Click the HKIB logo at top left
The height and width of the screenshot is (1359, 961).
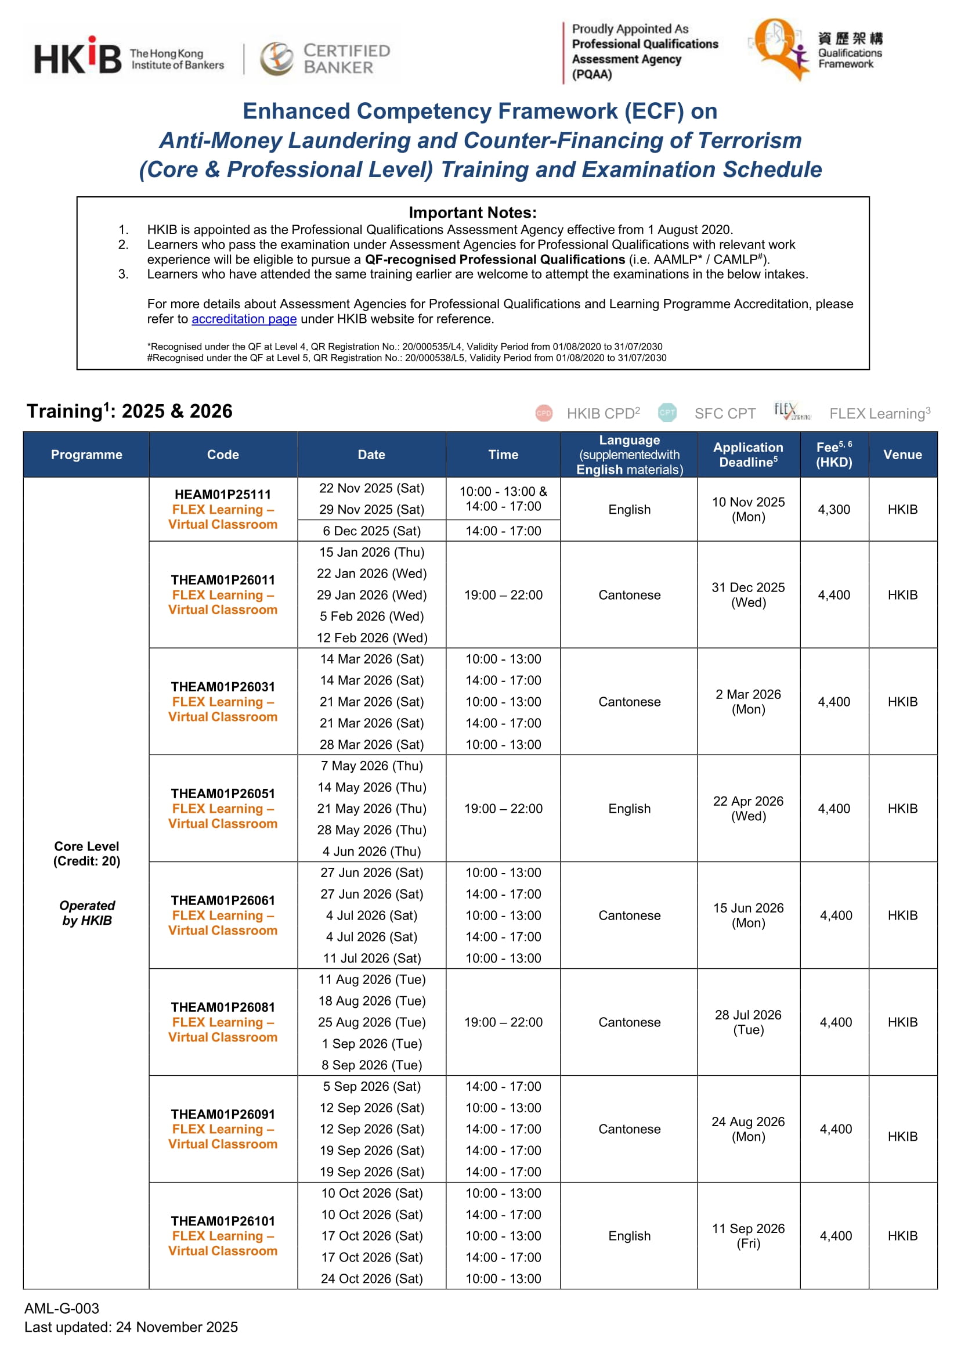click(78, 56)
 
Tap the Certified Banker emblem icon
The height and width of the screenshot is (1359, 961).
click(276, 59)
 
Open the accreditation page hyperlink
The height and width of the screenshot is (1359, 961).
click(244, 319)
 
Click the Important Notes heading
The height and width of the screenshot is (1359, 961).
click(472, 212)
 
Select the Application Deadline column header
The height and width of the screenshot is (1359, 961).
click(748, 455)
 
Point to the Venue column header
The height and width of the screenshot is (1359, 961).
click(902, 455)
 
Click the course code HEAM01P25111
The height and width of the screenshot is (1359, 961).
click(222, 494)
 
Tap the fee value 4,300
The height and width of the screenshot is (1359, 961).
click(834, 510)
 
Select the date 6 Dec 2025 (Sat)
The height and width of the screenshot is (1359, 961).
click(371, 531)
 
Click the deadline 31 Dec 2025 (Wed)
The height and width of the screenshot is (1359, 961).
click(748, 595)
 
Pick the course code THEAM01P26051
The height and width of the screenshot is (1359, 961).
click(222, 793)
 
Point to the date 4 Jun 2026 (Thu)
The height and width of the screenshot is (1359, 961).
click(371, 851)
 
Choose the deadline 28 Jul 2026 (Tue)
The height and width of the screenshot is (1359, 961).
click(748, 1022)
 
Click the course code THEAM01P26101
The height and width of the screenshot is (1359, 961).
click(222, 1220)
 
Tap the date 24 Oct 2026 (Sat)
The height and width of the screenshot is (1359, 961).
click(371, 1278)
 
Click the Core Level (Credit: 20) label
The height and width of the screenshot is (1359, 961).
click(86, 853)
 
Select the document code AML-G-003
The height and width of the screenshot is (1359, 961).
click(62, 1308)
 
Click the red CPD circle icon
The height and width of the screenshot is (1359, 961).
click(543, 413)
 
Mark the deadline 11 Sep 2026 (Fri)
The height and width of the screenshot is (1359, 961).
click(748, 1236)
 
